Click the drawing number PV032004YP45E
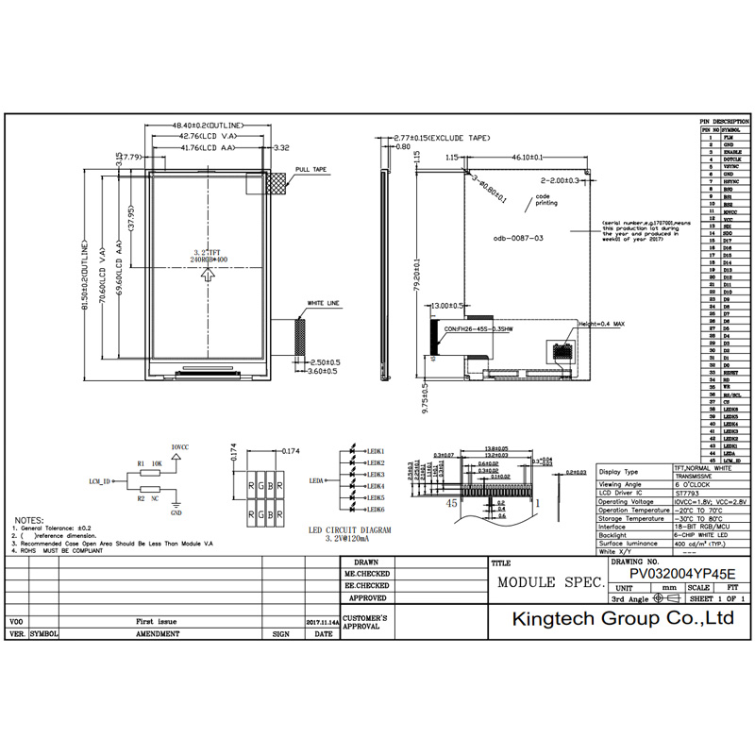(681, 573)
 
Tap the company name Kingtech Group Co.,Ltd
(622, 619)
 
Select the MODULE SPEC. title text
(551, 583)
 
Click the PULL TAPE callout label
(310, 170)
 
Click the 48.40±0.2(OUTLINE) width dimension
(209, 126)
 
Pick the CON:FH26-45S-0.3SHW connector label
(478, 330)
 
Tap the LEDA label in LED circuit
(316, 480)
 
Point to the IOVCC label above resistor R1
(180, 445)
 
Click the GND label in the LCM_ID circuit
(176, 515)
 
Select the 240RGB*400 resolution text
(208, 258)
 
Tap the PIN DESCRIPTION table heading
(724, 123)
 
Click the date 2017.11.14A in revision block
(323, 623)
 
